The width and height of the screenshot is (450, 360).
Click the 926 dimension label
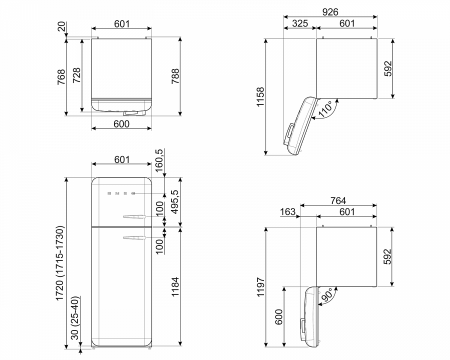[x=330, y=12]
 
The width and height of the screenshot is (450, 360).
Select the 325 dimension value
[x=300, y=24]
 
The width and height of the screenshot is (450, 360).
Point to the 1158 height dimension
[x=260, y=97]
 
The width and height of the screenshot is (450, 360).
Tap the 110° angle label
[x=326, y=109]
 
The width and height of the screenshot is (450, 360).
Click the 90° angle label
[x=327, y=295]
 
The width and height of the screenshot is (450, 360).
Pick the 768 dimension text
[x=61, y=77]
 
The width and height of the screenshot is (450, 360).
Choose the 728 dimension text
[x=77, y=75]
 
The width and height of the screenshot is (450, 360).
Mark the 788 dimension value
[x=175, y=76]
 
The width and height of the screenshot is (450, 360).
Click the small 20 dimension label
[x=62, y=27]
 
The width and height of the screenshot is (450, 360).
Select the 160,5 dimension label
[x=159, y=160]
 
